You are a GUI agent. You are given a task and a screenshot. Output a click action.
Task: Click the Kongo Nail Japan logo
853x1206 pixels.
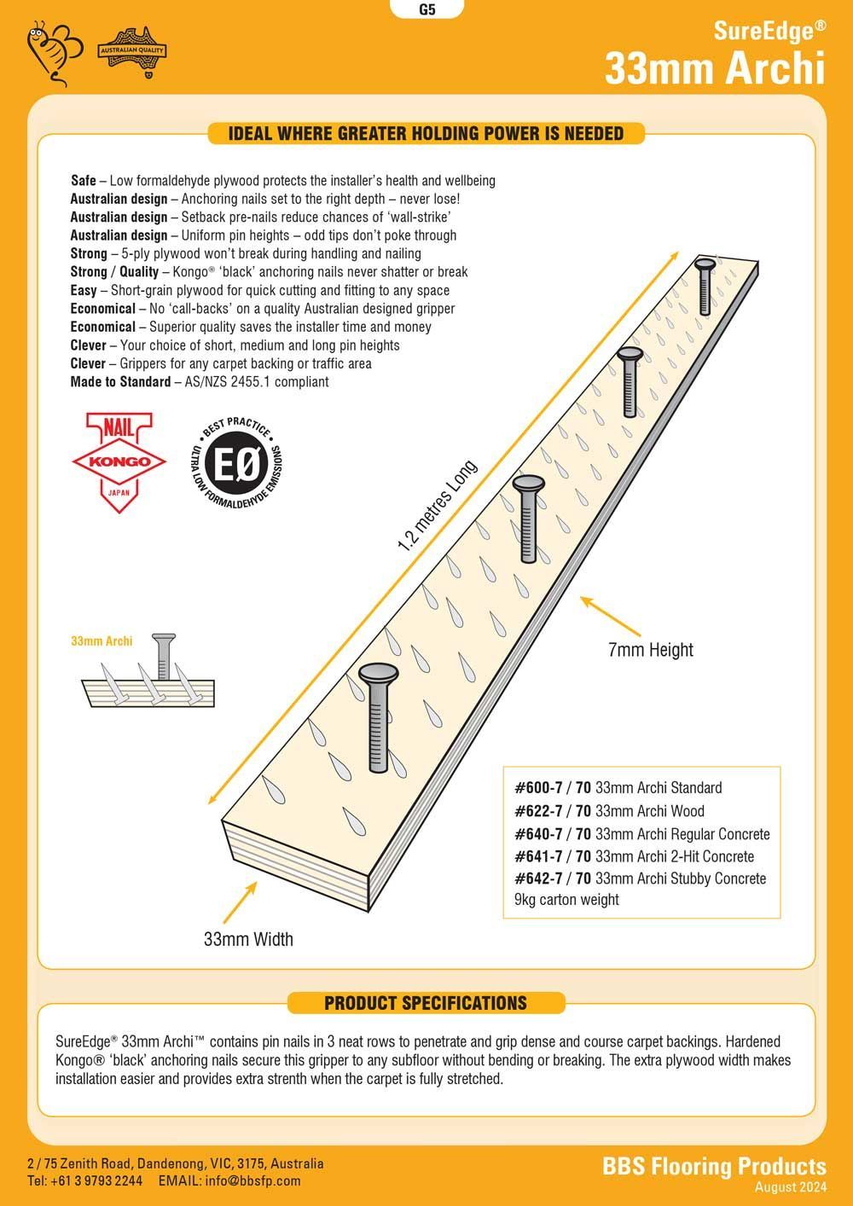tap(119, 461)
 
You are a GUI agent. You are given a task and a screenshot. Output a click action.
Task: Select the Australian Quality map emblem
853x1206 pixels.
tap(133, 53)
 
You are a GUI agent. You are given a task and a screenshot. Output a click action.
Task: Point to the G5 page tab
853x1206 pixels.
tap(427, 10)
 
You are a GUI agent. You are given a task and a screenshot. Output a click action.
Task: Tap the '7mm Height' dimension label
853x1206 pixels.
tap(650, 650)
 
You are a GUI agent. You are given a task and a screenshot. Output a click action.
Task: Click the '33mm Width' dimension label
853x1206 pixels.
tap(248, 939)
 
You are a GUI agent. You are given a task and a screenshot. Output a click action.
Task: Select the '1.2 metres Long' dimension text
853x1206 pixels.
tap(437, 507)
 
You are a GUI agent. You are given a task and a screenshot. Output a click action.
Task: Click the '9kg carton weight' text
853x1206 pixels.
tap(566, 900)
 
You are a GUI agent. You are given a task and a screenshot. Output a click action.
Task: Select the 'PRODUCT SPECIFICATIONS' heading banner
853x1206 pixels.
tap(426, 1003)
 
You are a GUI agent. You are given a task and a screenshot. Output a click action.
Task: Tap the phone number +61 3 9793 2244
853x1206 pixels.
tap(85, 1181)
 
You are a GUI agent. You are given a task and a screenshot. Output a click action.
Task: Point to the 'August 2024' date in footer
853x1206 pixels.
tap(790, 1187)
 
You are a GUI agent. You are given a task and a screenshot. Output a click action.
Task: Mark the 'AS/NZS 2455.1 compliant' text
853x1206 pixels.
tap(256, 382)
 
